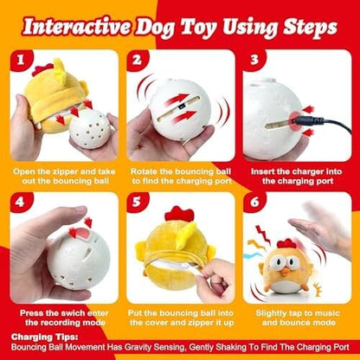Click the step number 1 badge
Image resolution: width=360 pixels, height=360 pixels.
21,60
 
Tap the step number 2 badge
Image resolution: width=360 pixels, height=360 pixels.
137,60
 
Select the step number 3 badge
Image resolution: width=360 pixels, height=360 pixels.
254,60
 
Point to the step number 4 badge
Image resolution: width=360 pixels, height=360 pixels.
21,202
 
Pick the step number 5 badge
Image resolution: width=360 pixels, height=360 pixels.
137,202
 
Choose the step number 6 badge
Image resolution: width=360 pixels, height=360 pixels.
254,202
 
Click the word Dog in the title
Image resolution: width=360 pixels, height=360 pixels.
153,28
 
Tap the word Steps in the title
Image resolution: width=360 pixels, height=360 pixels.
310,28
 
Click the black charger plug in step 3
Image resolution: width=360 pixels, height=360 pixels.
305,121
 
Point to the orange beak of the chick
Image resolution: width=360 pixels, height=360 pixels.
286,272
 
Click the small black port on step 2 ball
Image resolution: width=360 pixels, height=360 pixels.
179,107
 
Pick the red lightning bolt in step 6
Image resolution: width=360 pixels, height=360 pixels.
262,235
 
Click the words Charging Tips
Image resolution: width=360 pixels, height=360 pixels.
45,337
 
